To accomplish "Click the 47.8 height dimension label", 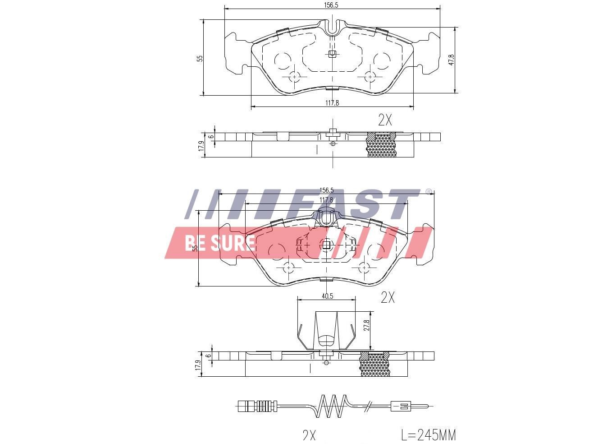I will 452,60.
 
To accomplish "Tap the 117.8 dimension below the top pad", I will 332,103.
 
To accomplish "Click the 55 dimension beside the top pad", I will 200,59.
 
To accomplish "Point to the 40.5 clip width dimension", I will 327,296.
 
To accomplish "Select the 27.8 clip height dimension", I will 367,326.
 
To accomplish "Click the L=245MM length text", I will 429,435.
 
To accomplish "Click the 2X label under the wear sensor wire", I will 309,435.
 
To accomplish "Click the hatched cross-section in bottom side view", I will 374,365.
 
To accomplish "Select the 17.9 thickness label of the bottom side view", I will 197,365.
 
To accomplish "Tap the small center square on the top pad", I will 332,54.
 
